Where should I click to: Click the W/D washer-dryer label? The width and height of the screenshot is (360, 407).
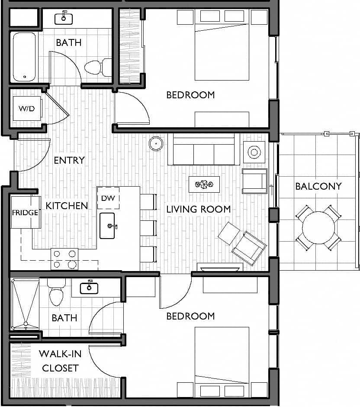(26, 109)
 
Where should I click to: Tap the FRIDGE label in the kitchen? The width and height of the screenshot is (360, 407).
(25, 213)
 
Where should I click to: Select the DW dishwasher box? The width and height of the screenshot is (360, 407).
(108, 198)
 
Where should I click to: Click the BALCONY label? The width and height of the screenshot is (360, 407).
(318, 186)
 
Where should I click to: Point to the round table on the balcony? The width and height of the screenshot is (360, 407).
(318, 227)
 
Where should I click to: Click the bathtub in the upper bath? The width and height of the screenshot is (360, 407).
(25, 57)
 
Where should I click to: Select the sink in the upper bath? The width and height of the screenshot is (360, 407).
(64, 18)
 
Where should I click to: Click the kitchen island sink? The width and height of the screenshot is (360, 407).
(107, 226)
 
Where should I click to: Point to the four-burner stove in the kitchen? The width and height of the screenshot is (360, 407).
(64, 259)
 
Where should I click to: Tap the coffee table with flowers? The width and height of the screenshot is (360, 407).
(204, 184)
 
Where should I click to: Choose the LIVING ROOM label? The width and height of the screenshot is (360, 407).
(199, 209)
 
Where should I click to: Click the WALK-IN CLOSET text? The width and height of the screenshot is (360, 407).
(59, 361)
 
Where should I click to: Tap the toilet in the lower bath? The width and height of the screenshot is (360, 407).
(56, 294)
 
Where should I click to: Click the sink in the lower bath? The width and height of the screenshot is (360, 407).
(90, 287)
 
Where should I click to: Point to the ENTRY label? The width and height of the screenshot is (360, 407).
(69, 160)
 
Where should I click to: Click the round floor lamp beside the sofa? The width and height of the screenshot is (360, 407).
(156, 143)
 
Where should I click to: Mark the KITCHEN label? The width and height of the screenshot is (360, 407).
(67, 206)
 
